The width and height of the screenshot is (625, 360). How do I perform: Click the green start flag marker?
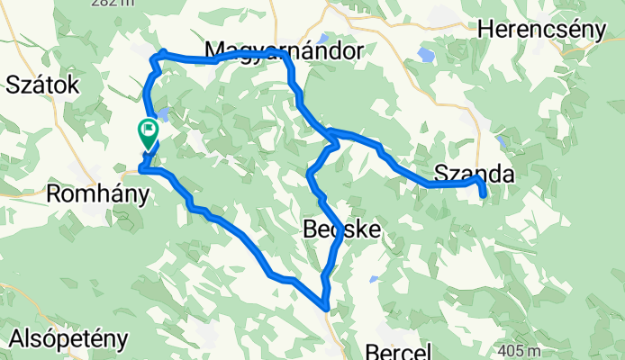[x=148, y=132]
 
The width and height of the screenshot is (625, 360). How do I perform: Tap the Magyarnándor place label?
[x=284, y=49]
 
